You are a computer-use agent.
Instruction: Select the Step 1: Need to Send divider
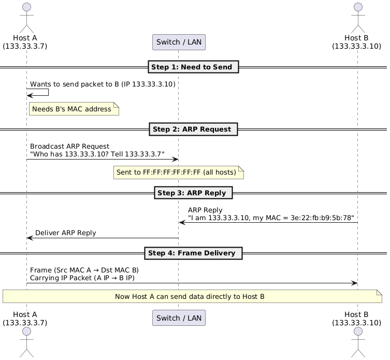point(193,67)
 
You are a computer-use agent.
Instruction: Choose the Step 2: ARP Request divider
point(193,128)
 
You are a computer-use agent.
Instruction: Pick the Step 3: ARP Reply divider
point(193,193)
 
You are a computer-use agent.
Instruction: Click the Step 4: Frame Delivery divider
point(193,253)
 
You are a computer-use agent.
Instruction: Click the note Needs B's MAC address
point(74,109)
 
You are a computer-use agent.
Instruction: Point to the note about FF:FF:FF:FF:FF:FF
point(179,172)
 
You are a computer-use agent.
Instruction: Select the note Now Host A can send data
point(192,296)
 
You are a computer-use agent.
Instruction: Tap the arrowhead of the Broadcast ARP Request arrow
point(176,159)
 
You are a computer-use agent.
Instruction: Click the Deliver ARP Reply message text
point(65,233)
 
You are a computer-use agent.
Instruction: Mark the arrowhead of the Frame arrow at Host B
point(354,283)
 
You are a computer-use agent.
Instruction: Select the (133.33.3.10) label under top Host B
point(357,46)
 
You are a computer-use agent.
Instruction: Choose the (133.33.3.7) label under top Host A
point(25,46)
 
